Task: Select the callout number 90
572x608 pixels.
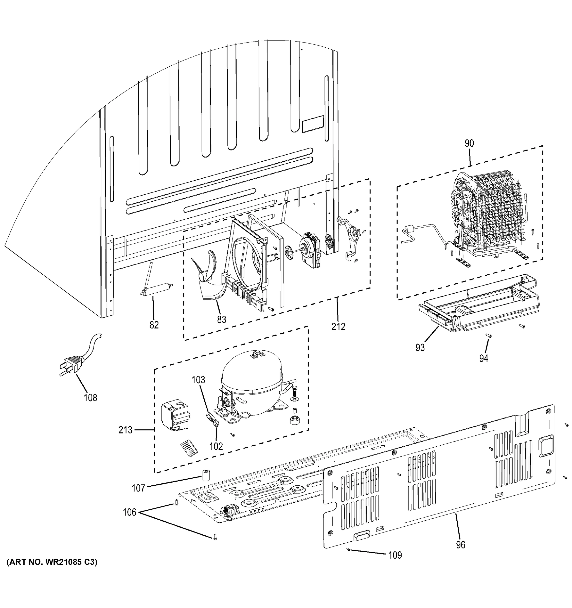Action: pyautogui.click(x=469, y=143)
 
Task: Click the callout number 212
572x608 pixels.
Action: pyautogui.click(x=338, y=327)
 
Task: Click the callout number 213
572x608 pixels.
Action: pyautogui.click(x=126, y=430)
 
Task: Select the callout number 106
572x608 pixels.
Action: pyautogui.click(x=130, y=512)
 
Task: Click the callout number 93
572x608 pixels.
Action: pyautogui.click(x=420, y=347)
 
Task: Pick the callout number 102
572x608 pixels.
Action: pyautogui.click(x=216, y=446)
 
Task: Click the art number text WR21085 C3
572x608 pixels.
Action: pyautogui.click(x=51, y=571)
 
